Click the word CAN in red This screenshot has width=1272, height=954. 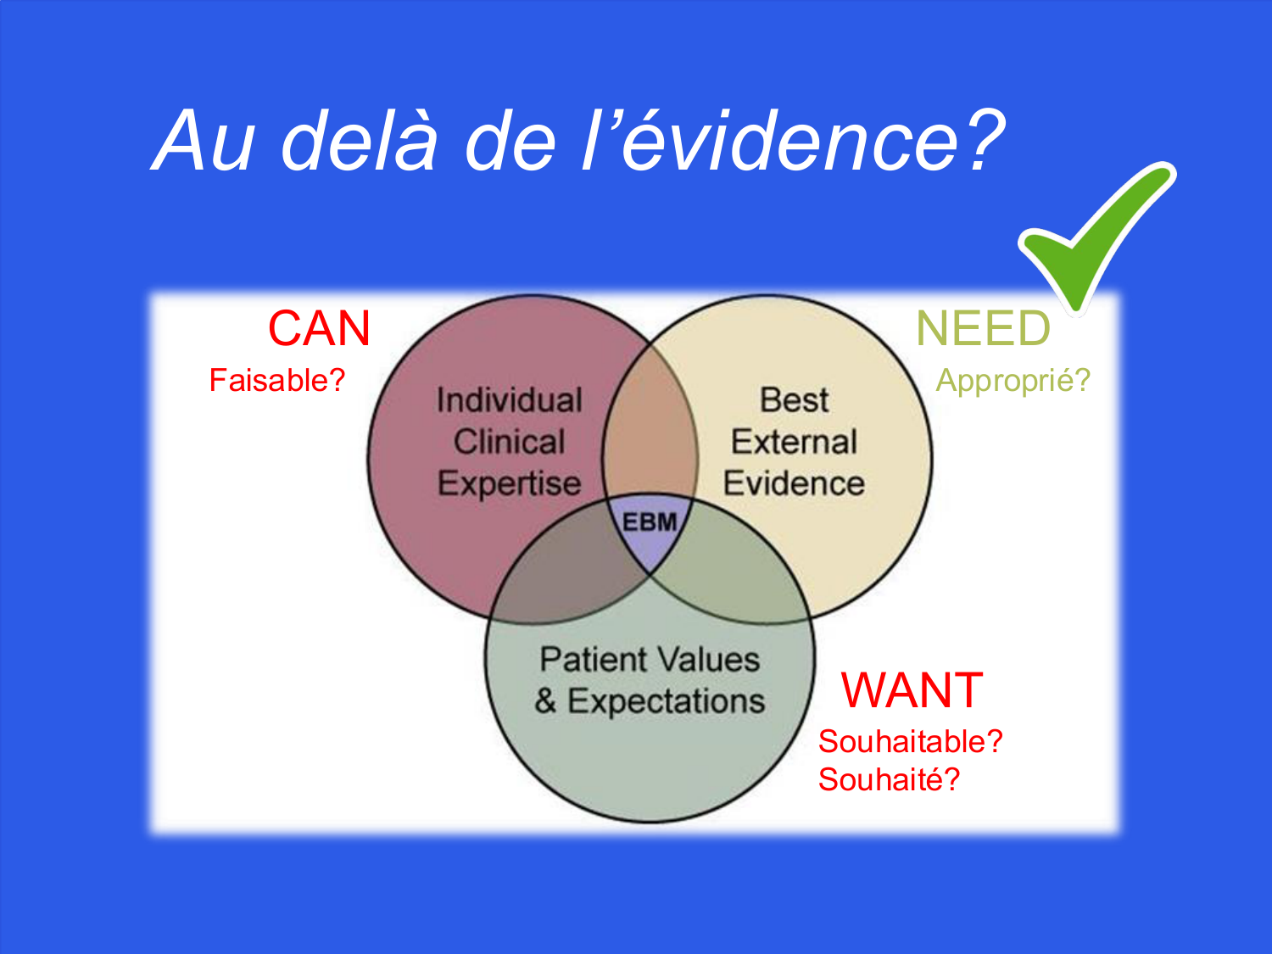pyautogui.click(x=320, y=328)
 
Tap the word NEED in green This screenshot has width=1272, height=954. pyautogui.click(x=983, y=328)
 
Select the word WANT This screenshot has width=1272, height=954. pyautogui.click(x=912, y=690)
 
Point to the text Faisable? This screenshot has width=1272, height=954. pyautogui.click(x=277, y=380)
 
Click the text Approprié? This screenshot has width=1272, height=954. pyautogui.click(x=1013, y=380)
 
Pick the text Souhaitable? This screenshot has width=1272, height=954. pyautogui.click(x=910, y=741)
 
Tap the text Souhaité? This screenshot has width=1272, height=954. pyautogui.click(x=889, y=779)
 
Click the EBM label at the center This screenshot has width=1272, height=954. pyautogui.click(x=650, y=522)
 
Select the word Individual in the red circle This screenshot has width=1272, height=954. pyautogui.click(x=510, y=400)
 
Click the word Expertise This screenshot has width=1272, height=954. pyautogui.click(x=510, y=483)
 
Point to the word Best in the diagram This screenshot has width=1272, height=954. pyautogui.click(x=794, y=400)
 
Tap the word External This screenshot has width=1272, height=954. pyautogui.click(x=794, y=442)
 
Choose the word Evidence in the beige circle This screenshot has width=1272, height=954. pyautogui.click(x=794, y=483)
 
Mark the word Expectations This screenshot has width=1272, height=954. pyautogui.click(x=666, y=701)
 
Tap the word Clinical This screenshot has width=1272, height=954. pyautogui.click(x=510, y=442)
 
